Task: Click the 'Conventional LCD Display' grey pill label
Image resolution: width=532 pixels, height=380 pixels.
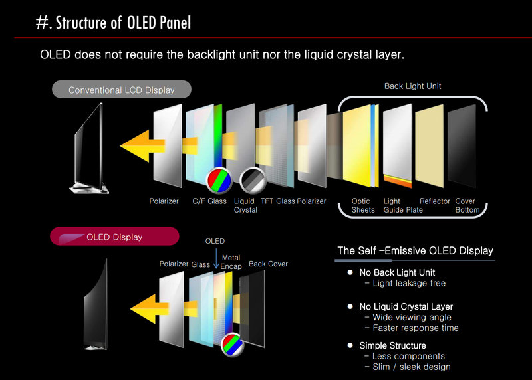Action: pyautogui.click(x=122, y=90)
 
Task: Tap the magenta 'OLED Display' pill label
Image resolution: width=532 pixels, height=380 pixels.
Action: pyautogui.click(x=114, y=237)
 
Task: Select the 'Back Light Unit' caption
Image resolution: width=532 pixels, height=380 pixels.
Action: pyautogui.click(x=412, y=86)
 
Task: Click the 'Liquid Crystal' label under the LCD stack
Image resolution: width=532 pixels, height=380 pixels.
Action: pyautogui.click(x=245, y=205)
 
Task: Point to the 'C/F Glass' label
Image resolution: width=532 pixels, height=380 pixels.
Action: pyautogui.click(x=209, y=201)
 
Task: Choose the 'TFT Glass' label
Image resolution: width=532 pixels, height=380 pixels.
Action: pyautogui.click(x=277, y=201)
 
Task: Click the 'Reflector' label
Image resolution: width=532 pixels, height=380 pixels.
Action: pyautogui.click(x=435, y=201)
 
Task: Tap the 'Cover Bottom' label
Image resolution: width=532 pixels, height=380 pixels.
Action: pyautogui.click(x=467, y=205)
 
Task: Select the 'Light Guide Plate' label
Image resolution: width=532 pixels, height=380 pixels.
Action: pyautogui.click(x=403, y=205)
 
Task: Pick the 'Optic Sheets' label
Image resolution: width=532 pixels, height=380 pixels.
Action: pyautogui.click(x=363, y=205)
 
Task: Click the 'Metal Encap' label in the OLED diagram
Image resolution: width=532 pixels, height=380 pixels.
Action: pyautogui.click(x=231, y=262)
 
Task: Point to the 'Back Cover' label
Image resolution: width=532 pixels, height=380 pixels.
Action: pyautogui.click(x=268, y=264)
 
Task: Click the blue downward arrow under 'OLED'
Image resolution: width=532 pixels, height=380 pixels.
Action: pyautogui.click(x=216, y=258)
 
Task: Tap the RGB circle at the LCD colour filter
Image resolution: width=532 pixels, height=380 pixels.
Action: pyautogui.click(x=219, y=179)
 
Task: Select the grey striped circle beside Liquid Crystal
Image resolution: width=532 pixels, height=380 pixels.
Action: pyautogui.click(x=253, y=180)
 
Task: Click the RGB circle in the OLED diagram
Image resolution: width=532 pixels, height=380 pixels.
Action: pyautogui.click(x=232, y=344)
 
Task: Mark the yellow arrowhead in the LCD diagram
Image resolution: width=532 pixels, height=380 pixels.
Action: pyautogui.click(x=135, y=145)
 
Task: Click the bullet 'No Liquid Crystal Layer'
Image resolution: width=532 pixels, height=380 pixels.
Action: pyautogui.click(x=406, y=306)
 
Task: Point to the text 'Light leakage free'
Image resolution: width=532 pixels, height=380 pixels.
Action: pyautogui.click(x=409, y=284)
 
